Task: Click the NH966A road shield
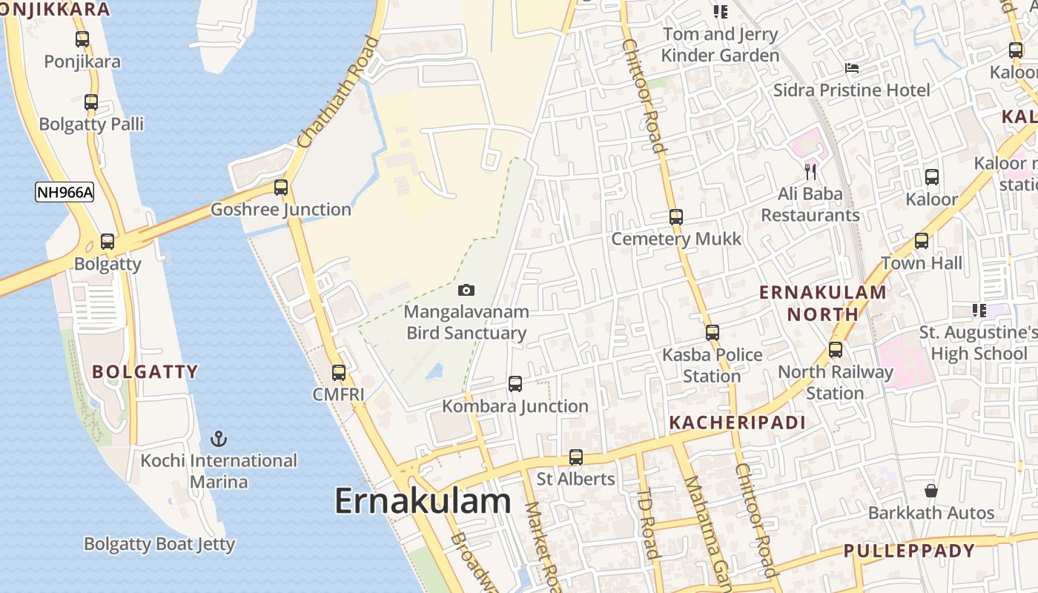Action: pyautogui.click(x=65, y=193)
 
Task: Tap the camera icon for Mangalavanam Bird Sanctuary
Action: pyautogui.click(x=466, y=290)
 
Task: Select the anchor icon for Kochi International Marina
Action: pyautogui.click(x=219, y=439)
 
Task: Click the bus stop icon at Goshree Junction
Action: pyautogui.click(x=281, y=188)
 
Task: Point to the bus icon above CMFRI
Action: pyautogui.click(x=339, y=373)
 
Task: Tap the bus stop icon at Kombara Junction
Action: pyautogui.click(x=515, y=384)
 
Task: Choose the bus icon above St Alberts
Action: pyautogui.click(x=576, y=457)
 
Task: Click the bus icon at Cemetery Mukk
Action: pyautogui.click(x=676, y=217)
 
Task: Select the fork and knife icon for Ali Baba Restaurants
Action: pyautogui.click(x=810, y=173)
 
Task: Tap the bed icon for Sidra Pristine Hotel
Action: pyautogui.click(x=852, y=68)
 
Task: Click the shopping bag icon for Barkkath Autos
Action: pyautogui.click(x=931, y=491)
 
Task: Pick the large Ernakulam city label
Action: pyautogui.click(x=423, y=501)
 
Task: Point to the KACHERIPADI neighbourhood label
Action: pyautogui.click(x=737, y=423)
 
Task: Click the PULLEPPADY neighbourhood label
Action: pyautogui.click(x=909, y=551)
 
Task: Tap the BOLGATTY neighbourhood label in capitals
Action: pyautogui.click(x=145, y=371)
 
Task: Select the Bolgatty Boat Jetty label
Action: pyautogui.click(x=159, y=544)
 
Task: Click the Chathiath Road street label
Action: pyautogui.click(x=337, y=90)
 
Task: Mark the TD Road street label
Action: pyautogui.click(x=648, y=523)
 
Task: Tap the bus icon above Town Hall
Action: pyautogui.click(x=922, y=241)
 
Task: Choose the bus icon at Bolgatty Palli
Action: pyautogui.click(x=91, y=103)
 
